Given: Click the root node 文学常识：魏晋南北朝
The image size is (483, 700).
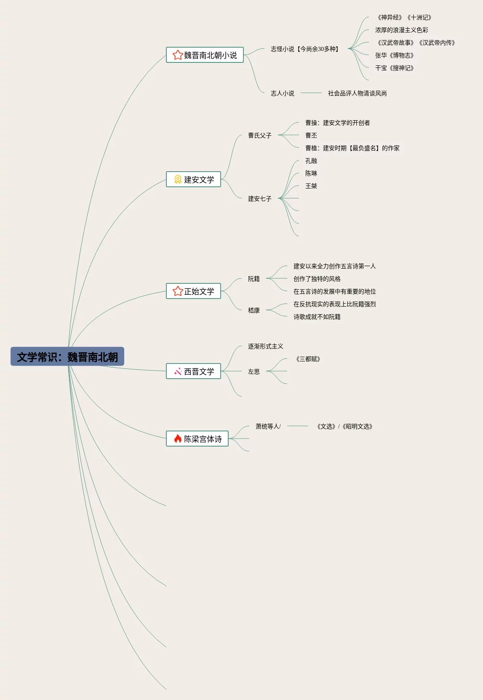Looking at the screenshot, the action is pos(67,357).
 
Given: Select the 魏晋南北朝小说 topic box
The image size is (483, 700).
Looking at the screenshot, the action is pos(205,55).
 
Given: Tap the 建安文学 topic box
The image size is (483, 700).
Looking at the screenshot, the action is pos(194,180).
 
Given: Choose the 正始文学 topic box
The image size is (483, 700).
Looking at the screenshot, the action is pos(194,291).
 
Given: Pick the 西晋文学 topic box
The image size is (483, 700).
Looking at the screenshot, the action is pos(194,372).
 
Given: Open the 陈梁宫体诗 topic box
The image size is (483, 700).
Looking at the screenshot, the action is pos(197,439).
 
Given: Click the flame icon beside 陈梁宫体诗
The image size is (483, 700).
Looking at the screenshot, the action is pos(178,439).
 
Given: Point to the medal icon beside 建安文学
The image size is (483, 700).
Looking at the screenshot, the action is pos(178,180).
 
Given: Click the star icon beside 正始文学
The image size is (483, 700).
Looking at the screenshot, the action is pos(178,291).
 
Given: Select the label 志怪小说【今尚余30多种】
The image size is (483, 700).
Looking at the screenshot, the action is pos(305,49).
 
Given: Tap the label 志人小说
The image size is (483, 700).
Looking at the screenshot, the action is pos(282,93).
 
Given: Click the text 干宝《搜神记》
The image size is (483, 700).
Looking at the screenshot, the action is pos(394,68).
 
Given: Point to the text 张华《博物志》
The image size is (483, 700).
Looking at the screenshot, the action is pos(394,55).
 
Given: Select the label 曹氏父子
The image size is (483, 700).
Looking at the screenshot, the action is pos(259,135).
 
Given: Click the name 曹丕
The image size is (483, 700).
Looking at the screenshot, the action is pos(311,135).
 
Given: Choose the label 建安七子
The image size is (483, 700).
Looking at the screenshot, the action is pos(259,199).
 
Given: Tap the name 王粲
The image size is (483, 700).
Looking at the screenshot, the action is pos(311,186).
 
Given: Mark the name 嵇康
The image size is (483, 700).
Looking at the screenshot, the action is pos(254,310).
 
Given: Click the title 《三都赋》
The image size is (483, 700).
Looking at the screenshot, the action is pos(308,359).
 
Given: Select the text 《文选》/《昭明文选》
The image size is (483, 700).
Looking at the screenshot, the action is pos(344,426).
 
